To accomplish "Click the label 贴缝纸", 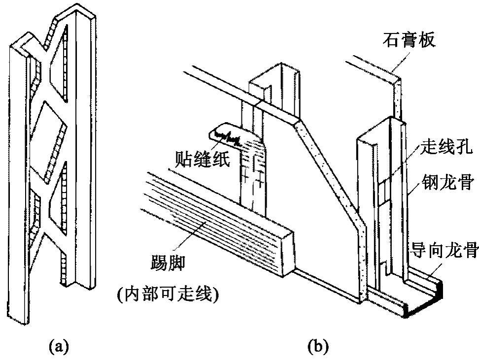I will pyautogui.click(x=203, y=159).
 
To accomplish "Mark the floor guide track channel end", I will pyautogui.click(x=424, y=300).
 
